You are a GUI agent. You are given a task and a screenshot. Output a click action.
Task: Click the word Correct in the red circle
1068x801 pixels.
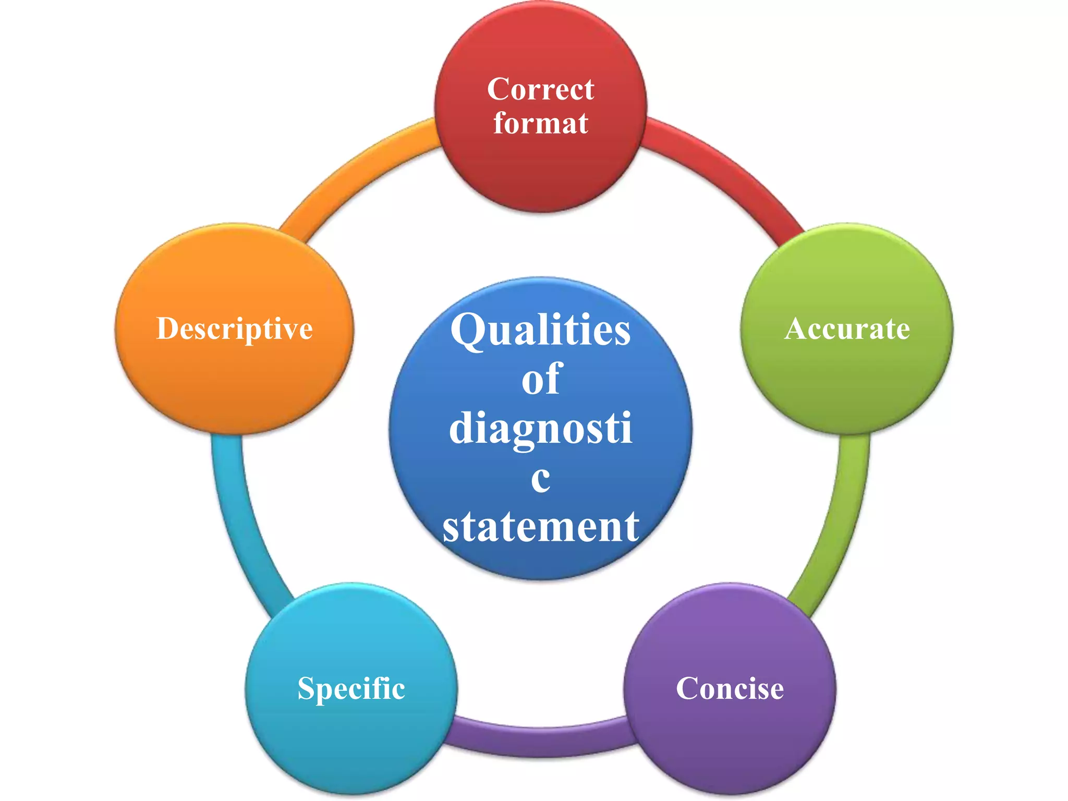point(540,90)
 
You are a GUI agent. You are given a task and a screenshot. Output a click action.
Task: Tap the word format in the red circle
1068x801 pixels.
point(540,124)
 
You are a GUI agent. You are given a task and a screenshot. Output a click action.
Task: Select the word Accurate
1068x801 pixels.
point(847,329)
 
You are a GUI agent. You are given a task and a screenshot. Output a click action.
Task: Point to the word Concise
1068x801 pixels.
point(730,688)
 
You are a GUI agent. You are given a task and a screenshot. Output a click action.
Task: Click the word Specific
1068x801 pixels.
point(351,688)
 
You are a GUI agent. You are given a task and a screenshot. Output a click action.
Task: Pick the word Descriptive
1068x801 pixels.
point(234,329)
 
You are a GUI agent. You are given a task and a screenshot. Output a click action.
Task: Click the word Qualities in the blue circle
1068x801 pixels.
point(540,330)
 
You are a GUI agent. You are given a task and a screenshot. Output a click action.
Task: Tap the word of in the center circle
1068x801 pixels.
point(541,379)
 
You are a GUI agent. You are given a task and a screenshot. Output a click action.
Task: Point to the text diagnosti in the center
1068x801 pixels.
point(541,429)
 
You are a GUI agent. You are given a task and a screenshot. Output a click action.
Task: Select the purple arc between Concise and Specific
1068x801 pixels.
point(541,741)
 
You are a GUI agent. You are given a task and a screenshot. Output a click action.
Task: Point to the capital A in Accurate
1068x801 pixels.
point(796,329)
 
